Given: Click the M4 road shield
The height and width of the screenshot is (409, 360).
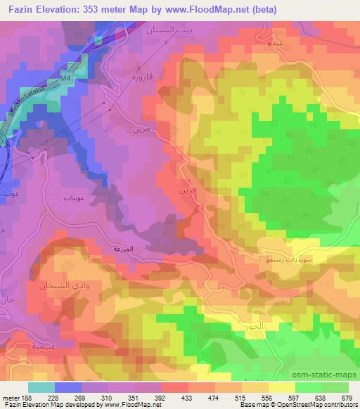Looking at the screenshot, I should click(x=65, y=79).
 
